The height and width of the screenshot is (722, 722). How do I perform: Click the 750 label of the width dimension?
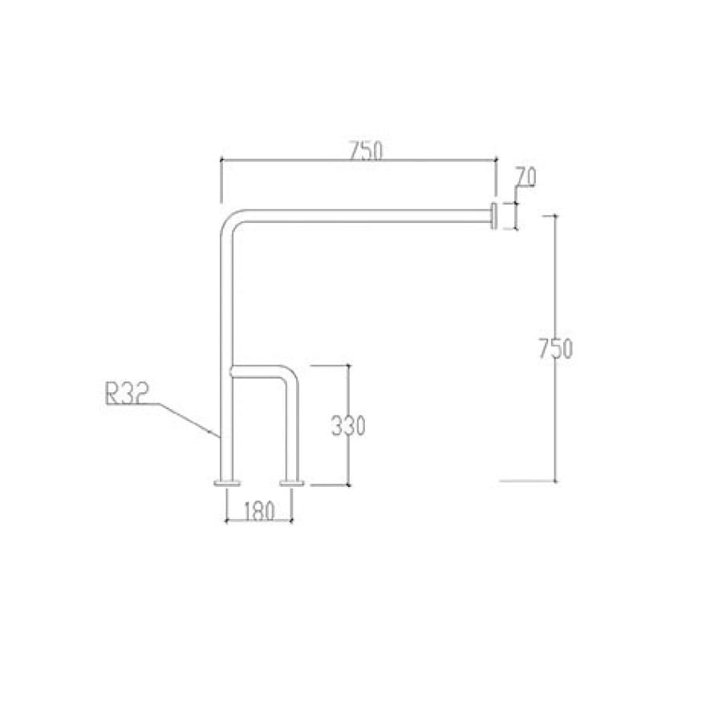[365, 150]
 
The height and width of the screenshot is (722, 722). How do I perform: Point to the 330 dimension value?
[348, 426]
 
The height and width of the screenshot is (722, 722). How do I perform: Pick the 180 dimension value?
[258, 510]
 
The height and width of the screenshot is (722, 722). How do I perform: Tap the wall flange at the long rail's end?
[493, 216]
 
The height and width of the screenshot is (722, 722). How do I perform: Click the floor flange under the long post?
[226, 483]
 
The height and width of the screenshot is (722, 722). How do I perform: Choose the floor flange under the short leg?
[292, 483]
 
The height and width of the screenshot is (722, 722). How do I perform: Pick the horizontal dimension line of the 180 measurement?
[258, 521]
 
